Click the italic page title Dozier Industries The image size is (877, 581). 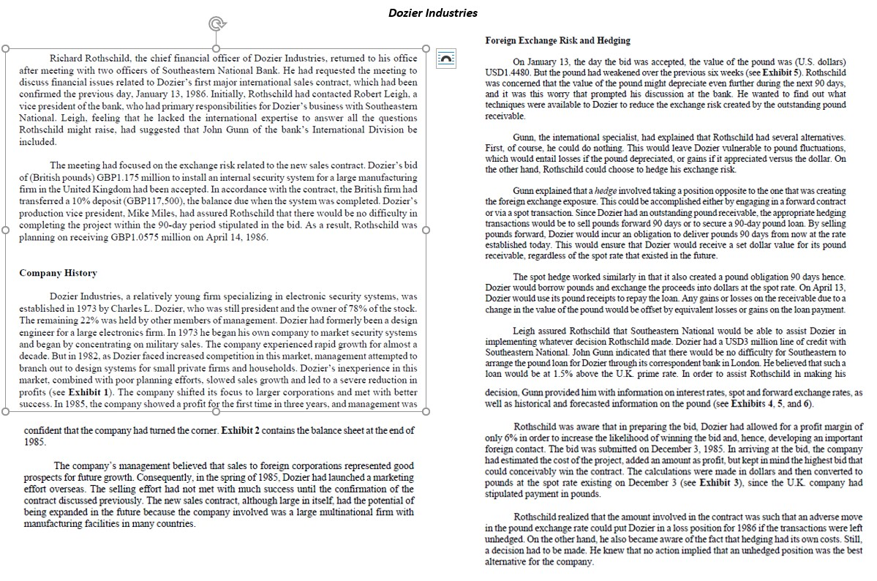pyautogui.click(x=432, y=12)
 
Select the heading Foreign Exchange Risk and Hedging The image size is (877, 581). pyautogui.click(x=557, y=40)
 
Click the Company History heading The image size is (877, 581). pyautogui.click(x=58, y=273)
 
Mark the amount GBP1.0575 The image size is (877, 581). pyautogui.click(x=136, y=237)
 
